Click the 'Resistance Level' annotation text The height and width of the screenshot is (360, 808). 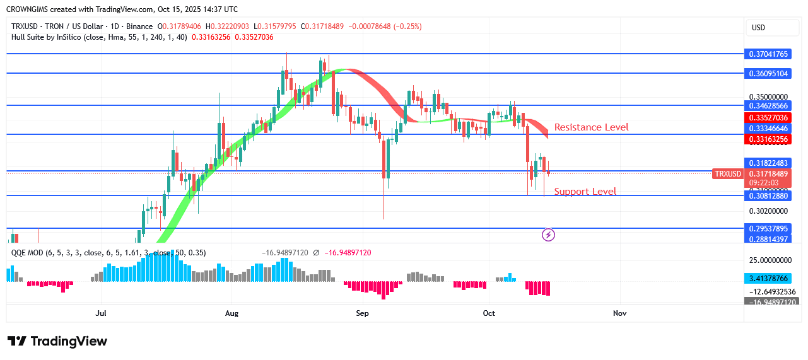tap(591, 127)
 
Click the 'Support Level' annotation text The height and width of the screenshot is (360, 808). tap(585, 192)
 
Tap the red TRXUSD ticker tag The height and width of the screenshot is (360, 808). tap(727, 174)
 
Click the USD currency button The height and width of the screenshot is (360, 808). tap(758, 28)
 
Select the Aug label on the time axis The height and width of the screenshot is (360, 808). tap(231, 313)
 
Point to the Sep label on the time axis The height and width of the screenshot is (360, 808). tap(361, 313)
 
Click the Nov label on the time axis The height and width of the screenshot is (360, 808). tap(619, 313)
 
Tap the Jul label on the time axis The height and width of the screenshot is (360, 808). tap(101, 313)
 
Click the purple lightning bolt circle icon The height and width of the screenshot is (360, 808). tap(549, 235)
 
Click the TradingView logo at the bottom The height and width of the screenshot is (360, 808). tap(57, 341)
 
